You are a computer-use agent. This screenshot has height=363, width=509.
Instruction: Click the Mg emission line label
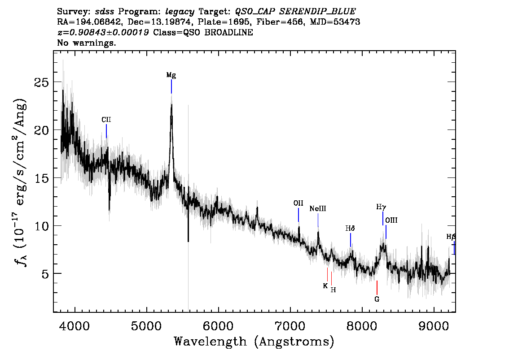click(x=171, y=75)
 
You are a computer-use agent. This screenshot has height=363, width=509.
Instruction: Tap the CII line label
click(x=106, y=120)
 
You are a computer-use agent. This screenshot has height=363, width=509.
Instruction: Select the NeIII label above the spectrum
click(x=318, y=209)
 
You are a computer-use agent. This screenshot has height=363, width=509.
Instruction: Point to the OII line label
click(x=298, y=203)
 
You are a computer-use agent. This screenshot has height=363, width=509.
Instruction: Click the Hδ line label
click(x=350, y=229)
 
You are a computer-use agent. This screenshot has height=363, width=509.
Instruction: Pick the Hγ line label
click(x=381, y=207)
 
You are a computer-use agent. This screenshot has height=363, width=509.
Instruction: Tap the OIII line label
click(x=391, y=220)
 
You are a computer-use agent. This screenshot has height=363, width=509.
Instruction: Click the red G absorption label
click(x=377, y=299)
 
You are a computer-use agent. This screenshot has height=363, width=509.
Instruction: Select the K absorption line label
click(x=325, y=286)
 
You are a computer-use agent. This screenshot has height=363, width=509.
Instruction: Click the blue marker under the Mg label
click(x=171, y=86)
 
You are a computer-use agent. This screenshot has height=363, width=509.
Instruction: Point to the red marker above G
click(x=377, y=288)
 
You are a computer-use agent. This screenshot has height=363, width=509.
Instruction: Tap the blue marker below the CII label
click(x=106, y=131)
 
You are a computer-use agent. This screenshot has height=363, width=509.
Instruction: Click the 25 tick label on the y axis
click(x=42, y=82)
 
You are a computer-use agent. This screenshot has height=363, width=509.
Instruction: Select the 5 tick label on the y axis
click(x=45, y=273)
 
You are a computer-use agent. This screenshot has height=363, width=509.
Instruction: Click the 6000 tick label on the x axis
click(x=219, y=326)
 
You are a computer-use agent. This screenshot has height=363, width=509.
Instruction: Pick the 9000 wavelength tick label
click(x=434, y=326)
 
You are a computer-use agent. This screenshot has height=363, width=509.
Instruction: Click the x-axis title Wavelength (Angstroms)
click(x=254, y=341)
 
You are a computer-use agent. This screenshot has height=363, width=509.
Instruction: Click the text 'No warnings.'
click(x=86, y=43)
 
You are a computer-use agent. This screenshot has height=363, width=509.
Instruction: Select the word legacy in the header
click(x=180, y=12)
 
